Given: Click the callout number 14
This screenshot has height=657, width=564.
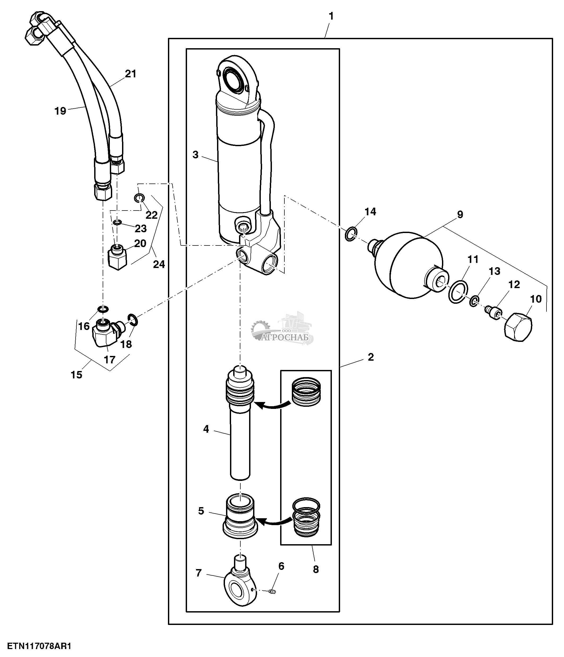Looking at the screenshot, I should click(370, 212).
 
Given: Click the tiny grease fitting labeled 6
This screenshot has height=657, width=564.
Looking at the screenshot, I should click(272, 591).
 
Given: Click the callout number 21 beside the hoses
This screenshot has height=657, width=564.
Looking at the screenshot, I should click(131, 74).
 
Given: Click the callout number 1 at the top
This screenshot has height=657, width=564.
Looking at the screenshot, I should click(331, 16).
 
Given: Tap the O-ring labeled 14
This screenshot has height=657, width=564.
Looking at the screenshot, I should click(350, 234).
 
